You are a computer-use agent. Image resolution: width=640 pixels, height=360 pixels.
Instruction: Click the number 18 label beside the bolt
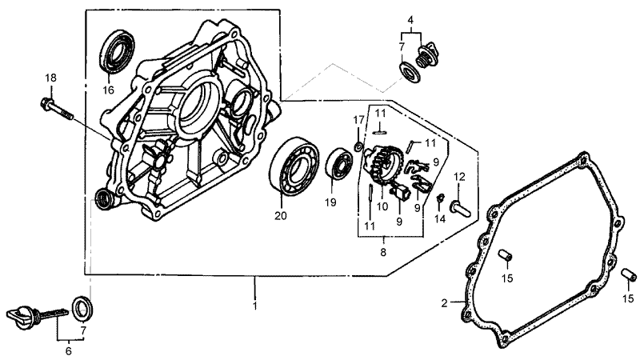click(x=50, y=77)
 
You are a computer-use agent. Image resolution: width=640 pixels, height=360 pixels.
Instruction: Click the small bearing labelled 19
click(x=342, y=165)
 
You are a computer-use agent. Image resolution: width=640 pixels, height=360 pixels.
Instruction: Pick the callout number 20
click(x=279, y=215)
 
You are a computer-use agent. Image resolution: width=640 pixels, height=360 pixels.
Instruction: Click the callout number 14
click(x=440, y=218)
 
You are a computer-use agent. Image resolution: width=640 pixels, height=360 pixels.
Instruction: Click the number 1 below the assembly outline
click(x=255, y=306)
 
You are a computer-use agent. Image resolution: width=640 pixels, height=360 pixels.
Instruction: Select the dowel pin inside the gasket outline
click(x=505, y=254)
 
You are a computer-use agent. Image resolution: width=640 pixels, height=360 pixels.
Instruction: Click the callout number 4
click(x=411, y=19)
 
